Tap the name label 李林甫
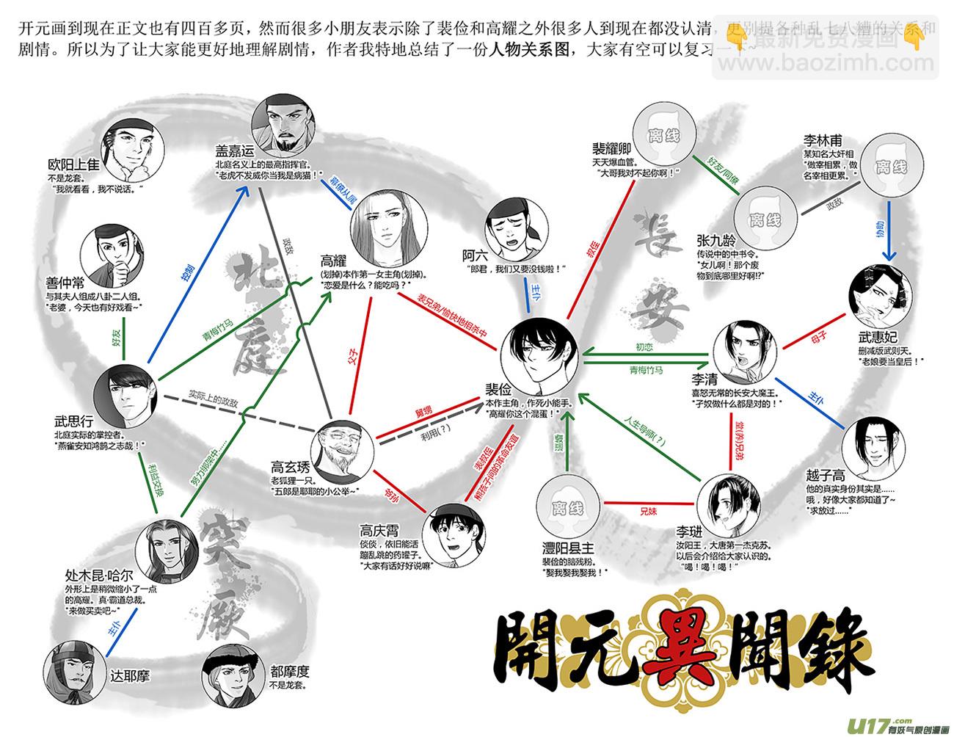[821, 140]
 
